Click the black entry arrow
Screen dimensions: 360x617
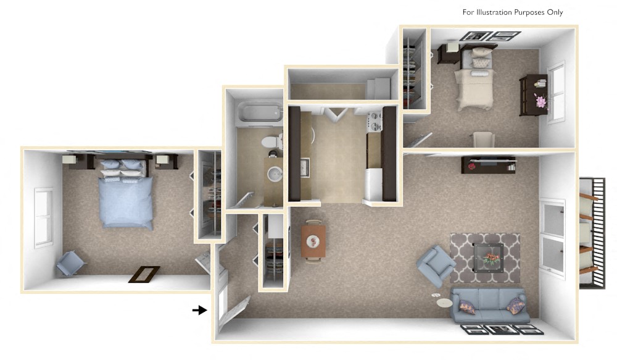tap(199, 310)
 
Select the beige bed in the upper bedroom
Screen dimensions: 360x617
tap(476, 86)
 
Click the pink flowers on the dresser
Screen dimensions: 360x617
tap(541, 101)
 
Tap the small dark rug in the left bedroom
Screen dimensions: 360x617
tap(144, 274)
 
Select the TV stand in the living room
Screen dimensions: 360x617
tap(487, 165)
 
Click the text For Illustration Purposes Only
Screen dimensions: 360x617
tap(513, 12)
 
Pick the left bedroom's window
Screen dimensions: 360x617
tap(43, 216)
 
